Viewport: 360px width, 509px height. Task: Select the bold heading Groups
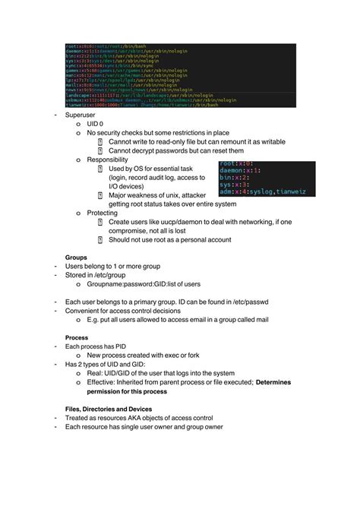pyautogui.click(x=77, y=258)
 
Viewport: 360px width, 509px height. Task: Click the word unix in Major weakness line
pyautogui.click(x=181, y=195)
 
